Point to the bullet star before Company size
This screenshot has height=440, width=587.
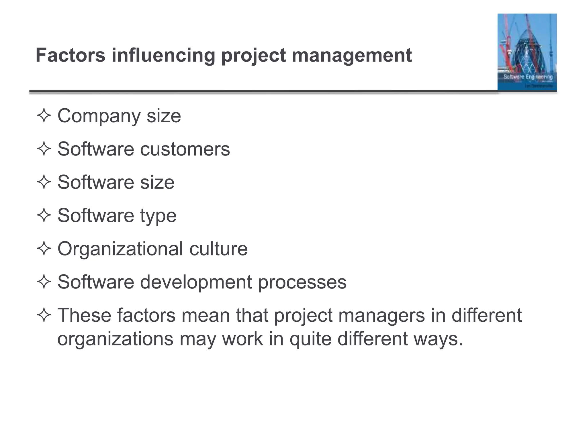[44, 116]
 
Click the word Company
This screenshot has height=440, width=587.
[99, 116]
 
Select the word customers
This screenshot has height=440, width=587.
[185, 149]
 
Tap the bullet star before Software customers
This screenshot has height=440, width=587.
[44, 149]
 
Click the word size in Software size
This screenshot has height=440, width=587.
[157, 182]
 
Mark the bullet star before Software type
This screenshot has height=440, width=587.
[44, 215]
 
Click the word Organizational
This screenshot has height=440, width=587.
[120, 249]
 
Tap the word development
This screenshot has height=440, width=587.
[196, 282]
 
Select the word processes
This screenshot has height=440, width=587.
[302, 282]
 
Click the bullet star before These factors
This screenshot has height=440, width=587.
[44, 315]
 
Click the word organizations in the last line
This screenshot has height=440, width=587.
[115, 339]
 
